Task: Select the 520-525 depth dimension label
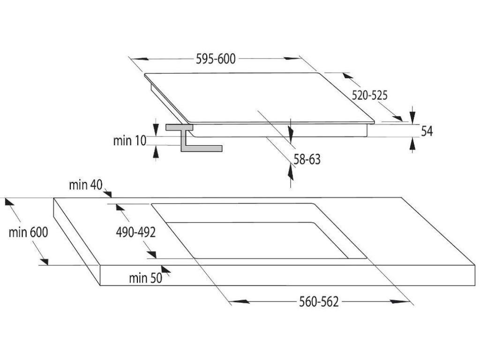click(x=370, y=95)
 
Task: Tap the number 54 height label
click(x=426, y=131)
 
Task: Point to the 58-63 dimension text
click(x=307, y=159)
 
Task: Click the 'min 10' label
click(x=129, y=140)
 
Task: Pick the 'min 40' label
click(x=85, y=185)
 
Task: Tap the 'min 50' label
click(x=145, y=278)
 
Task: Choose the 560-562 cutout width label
click(x=319, y=301)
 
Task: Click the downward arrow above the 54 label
click(x=412, y=115)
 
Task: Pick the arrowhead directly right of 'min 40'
click(x=108, y=193)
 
